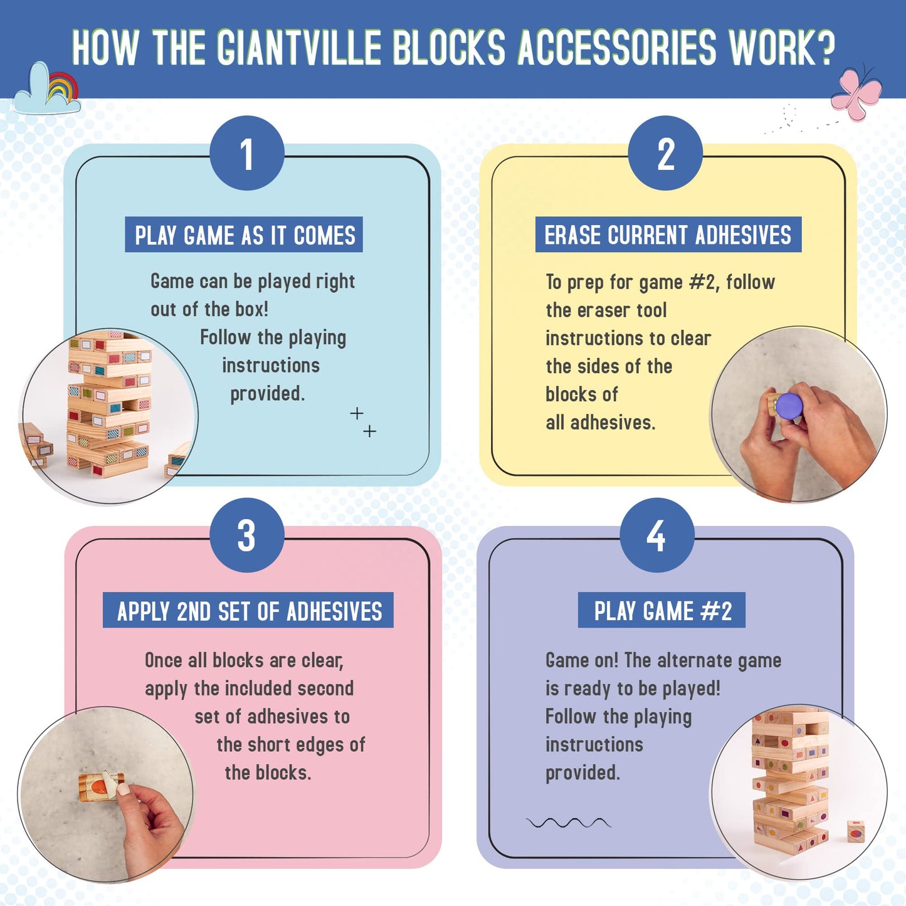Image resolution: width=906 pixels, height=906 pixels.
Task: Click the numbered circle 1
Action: [x=247, y=153]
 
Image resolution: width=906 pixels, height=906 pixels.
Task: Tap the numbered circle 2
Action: [x=665, y=153]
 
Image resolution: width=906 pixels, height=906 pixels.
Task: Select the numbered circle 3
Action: [x=247, y=535]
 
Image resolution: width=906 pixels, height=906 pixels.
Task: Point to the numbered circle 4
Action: [x=657, y=535]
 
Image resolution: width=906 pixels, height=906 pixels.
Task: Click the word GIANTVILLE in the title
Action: [x=299, y=48]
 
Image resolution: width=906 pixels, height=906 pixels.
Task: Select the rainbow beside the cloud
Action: [x=63, y=87]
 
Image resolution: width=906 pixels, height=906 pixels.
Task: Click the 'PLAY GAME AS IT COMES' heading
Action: [x=244, y=234]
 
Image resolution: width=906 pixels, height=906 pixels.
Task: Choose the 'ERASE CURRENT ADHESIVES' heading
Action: [x=668, y=234]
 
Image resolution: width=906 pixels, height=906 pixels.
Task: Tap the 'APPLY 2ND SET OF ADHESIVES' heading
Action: [x=248, y=610]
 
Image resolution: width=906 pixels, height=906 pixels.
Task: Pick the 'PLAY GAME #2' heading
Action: [x=661, y=610]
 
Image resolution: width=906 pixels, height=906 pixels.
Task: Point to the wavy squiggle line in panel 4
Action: [x=569, y=823]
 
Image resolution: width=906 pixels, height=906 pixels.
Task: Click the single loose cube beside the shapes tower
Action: [x=856, y=832]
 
